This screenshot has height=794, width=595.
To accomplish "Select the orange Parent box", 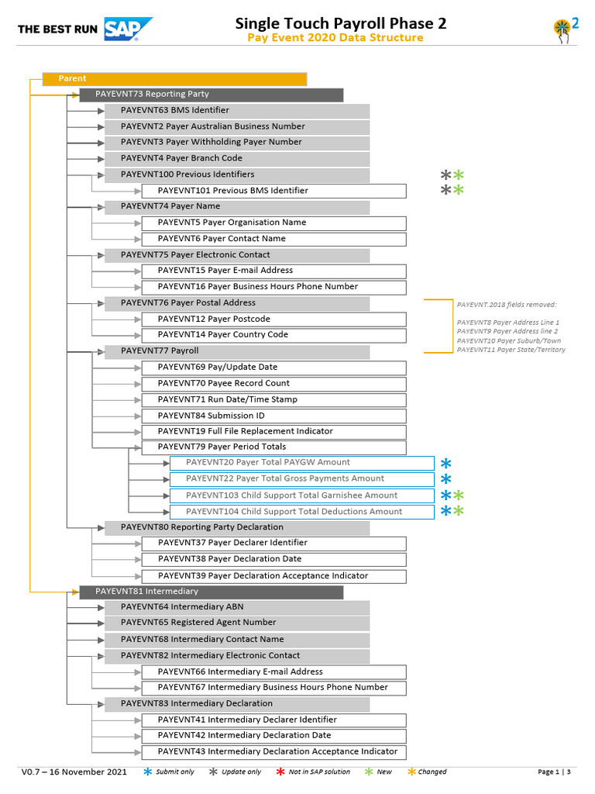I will pos(174,78).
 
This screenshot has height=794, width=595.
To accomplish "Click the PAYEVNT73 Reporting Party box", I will pos(211,95).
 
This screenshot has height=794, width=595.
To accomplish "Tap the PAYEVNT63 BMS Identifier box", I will pos(236,111).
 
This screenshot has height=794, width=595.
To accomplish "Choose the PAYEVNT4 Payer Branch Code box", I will pos(236,158).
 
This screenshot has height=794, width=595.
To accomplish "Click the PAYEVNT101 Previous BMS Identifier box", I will pos(273,191).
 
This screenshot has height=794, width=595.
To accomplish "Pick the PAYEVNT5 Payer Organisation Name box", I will pos(273,223).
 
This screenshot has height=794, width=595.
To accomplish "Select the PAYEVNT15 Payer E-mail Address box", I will pos(273,271).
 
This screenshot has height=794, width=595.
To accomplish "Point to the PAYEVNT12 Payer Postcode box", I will pos(273,319).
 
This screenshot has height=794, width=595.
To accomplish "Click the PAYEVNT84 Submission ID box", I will pos(273,416).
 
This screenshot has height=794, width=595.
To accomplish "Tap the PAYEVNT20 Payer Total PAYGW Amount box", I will pos(301,463).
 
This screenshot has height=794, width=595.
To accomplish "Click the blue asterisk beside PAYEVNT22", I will pos(445,479).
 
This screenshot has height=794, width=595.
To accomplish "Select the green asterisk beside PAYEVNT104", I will pos(459,511).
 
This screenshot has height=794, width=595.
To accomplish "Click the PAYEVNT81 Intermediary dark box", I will pos(211,592).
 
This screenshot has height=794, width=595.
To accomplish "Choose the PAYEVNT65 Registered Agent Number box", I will pos(236,623).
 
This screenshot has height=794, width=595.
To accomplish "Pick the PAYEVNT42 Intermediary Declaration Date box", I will pos(273,735).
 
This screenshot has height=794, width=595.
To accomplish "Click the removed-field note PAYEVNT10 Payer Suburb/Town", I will pos(508,340).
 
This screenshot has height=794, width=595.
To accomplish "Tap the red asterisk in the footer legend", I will pos(280,772).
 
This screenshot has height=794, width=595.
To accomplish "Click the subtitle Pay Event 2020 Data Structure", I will pos(335,38).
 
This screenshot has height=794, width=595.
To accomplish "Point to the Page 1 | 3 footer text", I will pos(554,772).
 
